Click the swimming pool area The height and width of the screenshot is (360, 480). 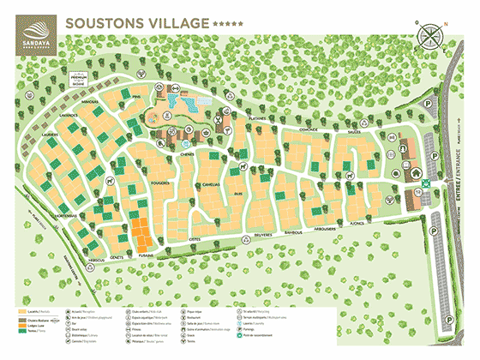click(x=182, y=102)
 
